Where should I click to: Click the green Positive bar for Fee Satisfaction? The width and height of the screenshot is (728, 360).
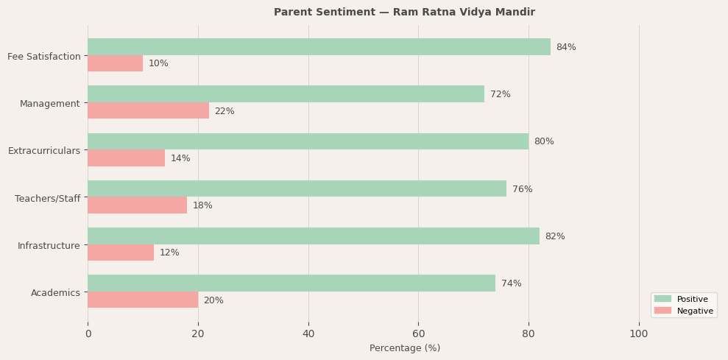(319, 47)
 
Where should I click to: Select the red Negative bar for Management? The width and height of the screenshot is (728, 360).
(148, 111)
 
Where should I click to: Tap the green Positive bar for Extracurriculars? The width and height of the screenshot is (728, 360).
(308, 141)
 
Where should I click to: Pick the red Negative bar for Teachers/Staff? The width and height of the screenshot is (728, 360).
(137, 205)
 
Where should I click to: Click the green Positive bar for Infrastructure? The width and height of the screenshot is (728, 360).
(314, 236)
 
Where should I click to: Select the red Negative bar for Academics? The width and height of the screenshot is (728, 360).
(143, 300)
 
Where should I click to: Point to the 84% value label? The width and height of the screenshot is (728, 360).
(566, 47)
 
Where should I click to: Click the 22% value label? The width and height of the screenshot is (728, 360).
(225, 111)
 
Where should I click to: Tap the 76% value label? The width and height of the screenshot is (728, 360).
(522, 189)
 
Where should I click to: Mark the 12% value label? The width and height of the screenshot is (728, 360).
(169, 253)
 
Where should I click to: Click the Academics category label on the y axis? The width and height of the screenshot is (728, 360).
(55, 293)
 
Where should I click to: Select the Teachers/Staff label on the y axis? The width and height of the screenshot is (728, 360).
(47, 198)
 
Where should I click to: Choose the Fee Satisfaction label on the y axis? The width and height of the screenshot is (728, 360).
(44, 57)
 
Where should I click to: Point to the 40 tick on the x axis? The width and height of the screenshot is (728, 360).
(308, 333)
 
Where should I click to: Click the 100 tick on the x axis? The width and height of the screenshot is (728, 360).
(639, 333)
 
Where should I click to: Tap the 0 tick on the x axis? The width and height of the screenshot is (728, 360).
(88, 333)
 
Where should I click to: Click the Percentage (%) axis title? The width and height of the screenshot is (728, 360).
(405, 348)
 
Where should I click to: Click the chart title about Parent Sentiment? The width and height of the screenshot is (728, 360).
(404, 13)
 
